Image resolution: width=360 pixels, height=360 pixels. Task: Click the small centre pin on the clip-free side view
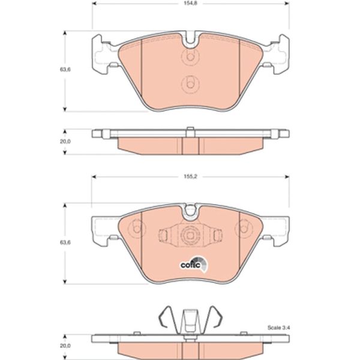coord(190,130)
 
